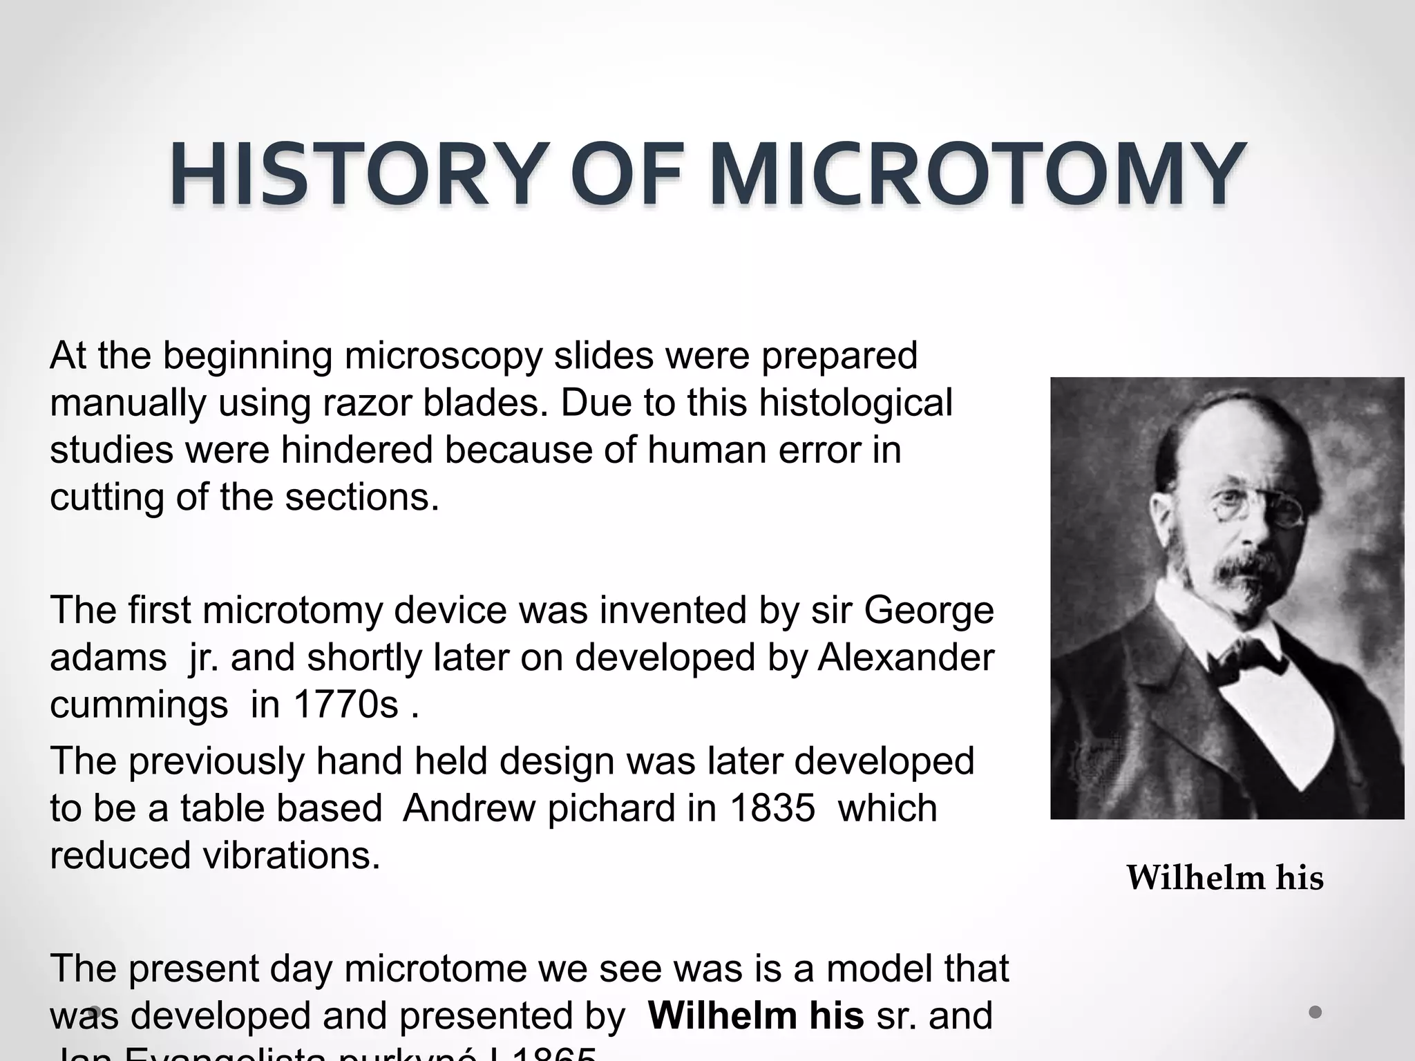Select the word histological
click(855, 403)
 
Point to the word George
click(929, 611)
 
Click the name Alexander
click(906, 658)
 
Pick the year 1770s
click(346, 705)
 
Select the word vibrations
click(291, 855)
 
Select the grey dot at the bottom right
click(1316, 1013)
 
